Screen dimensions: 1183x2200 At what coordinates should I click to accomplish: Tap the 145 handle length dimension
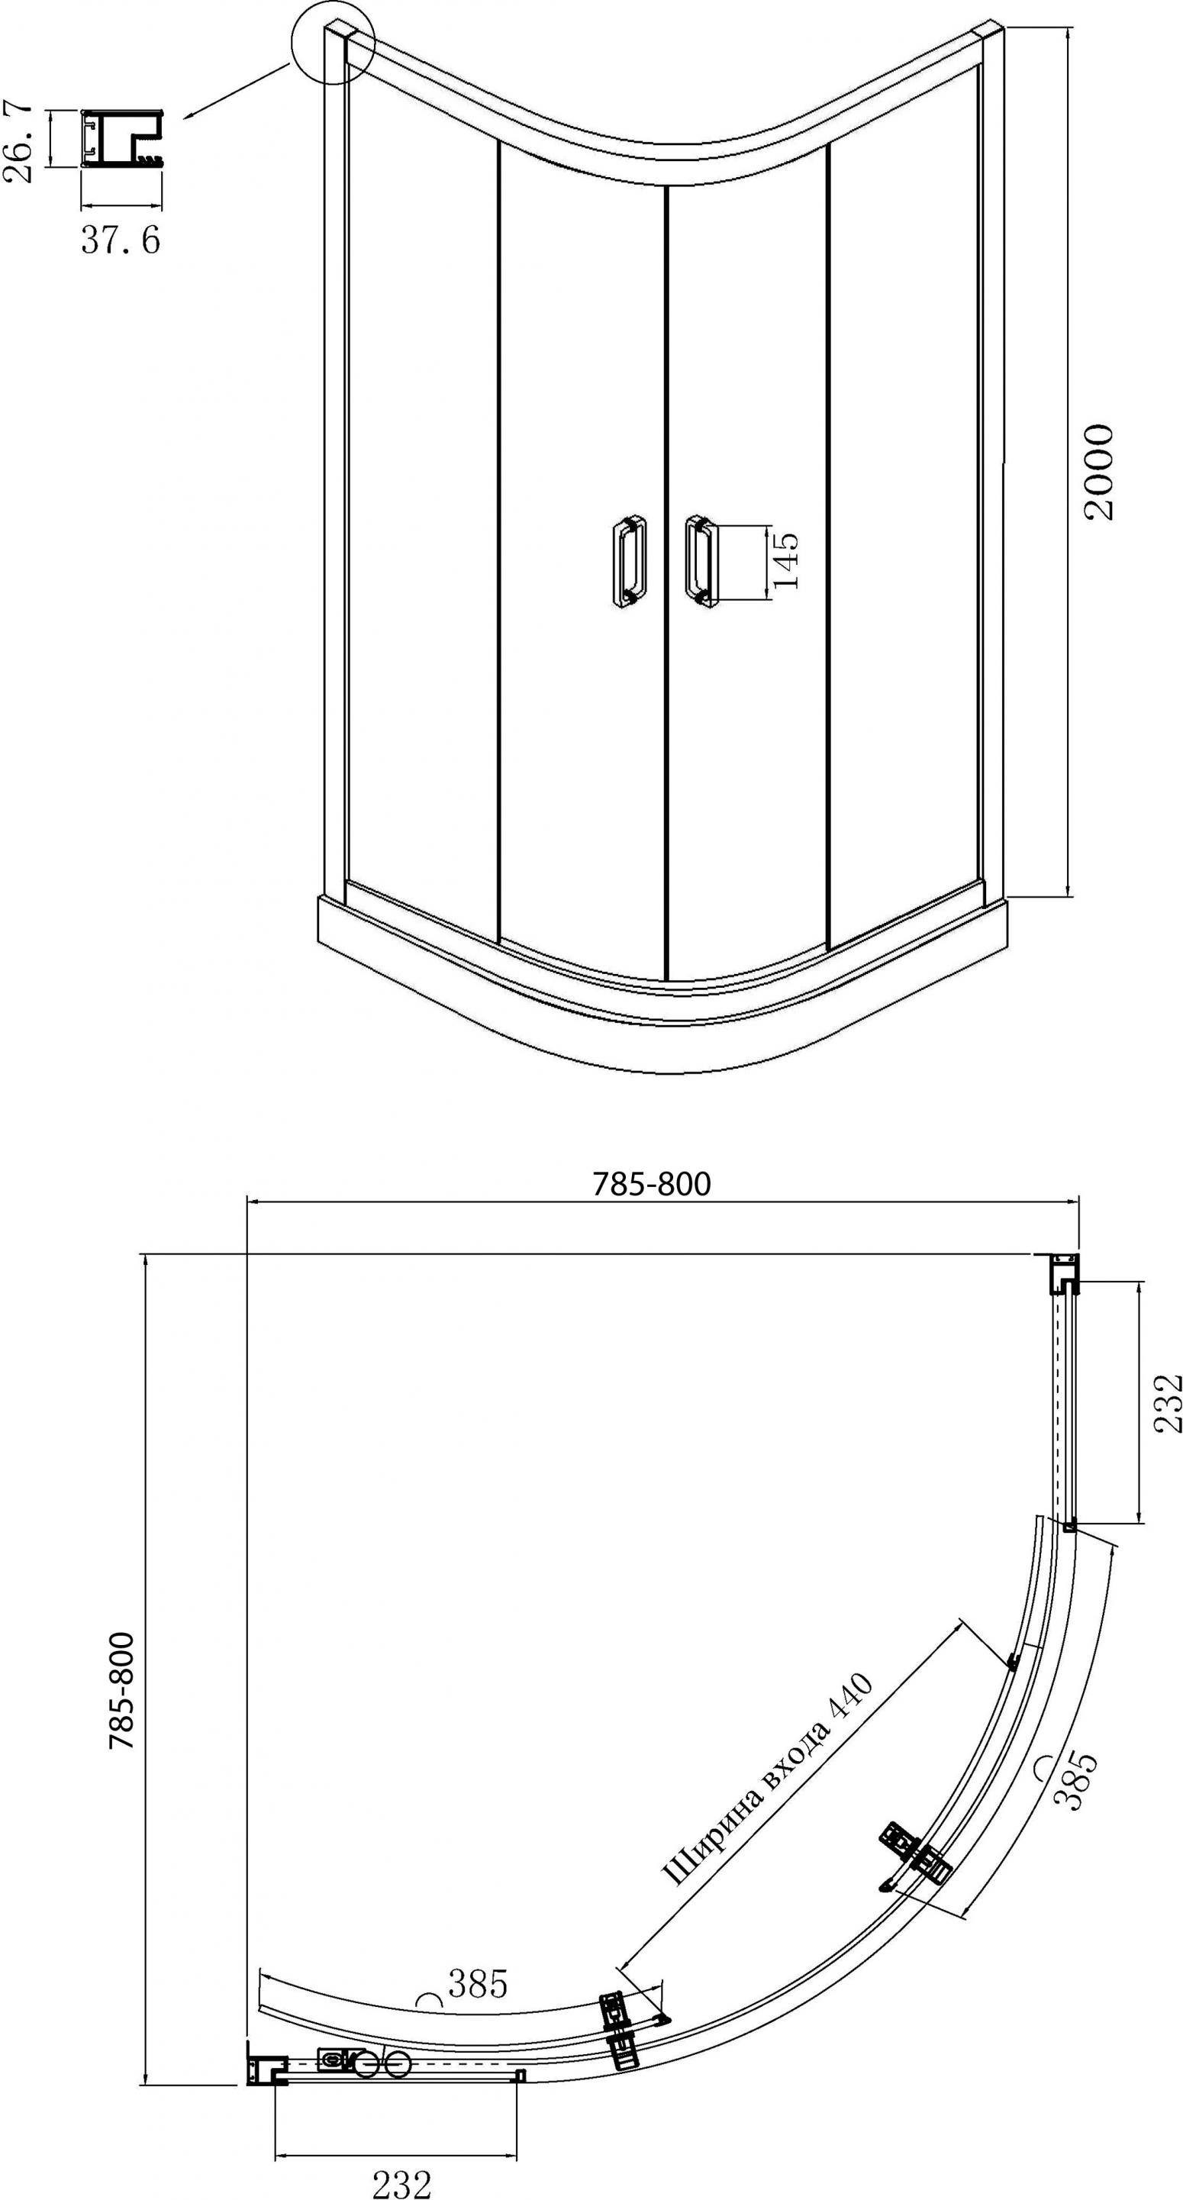pyautogui.click(x=785, y=561)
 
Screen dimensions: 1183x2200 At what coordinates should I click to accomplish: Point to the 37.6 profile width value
pyautogui.click(x=121, y=240)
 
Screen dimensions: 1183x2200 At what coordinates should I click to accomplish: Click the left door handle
pyautogui.click(x=630, y=561)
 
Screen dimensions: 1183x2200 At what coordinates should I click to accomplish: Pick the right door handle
pyautogui.click(x=701, y=561)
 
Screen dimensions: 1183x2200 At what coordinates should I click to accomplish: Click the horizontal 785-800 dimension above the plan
pyautogui.click(x=652, y=1184)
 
